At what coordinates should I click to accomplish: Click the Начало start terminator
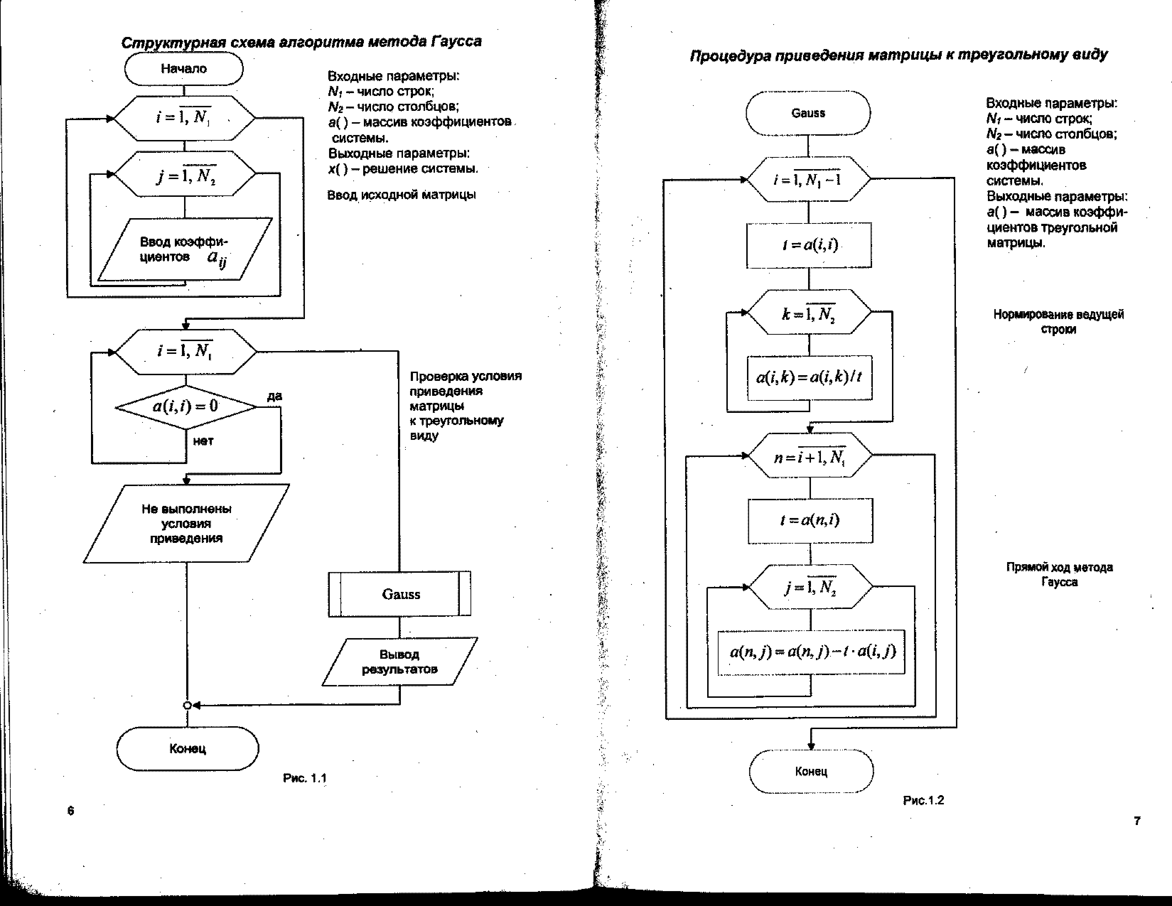point(183,69)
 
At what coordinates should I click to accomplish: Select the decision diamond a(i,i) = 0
point(186,406)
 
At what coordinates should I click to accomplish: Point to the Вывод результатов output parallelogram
point(400,662)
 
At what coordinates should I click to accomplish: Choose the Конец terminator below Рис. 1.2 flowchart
point(811,771)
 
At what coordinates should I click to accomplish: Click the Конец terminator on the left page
point(187,748)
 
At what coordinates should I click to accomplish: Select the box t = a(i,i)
point(809,245)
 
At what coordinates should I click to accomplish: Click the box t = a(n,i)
point(810,520)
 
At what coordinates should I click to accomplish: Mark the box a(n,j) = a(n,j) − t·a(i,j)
point(811,652)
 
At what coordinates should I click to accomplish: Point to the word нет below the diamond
point(203,441)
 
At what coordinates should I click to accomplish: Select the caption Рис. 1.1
point(304,778)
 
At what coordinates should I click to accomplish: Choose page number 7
point(1136,821)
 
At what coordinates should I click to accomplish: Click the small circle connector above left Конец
point(187,705)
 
